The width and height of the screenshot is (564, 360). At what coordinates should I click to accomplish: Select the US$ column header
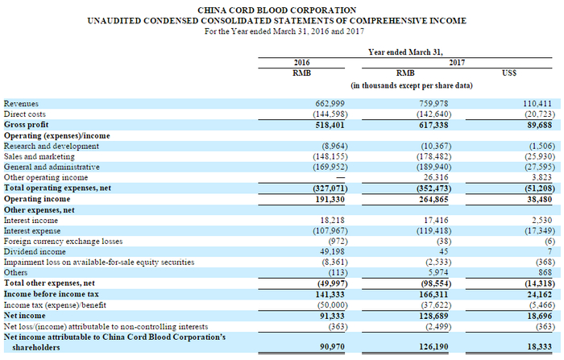pyautogui.click(x=508, y=72)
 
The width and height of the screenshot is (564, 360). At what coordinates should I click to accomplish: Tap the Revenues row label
pyautogui.click(x=21, y=104)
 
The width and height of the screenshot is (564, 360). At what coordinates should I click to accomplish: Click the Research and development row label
pyautogui.click(x=52, y=146)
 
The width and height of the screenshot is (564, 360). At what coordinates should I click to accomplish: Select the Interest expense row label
pyautogui.click(x=35, y=230)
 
